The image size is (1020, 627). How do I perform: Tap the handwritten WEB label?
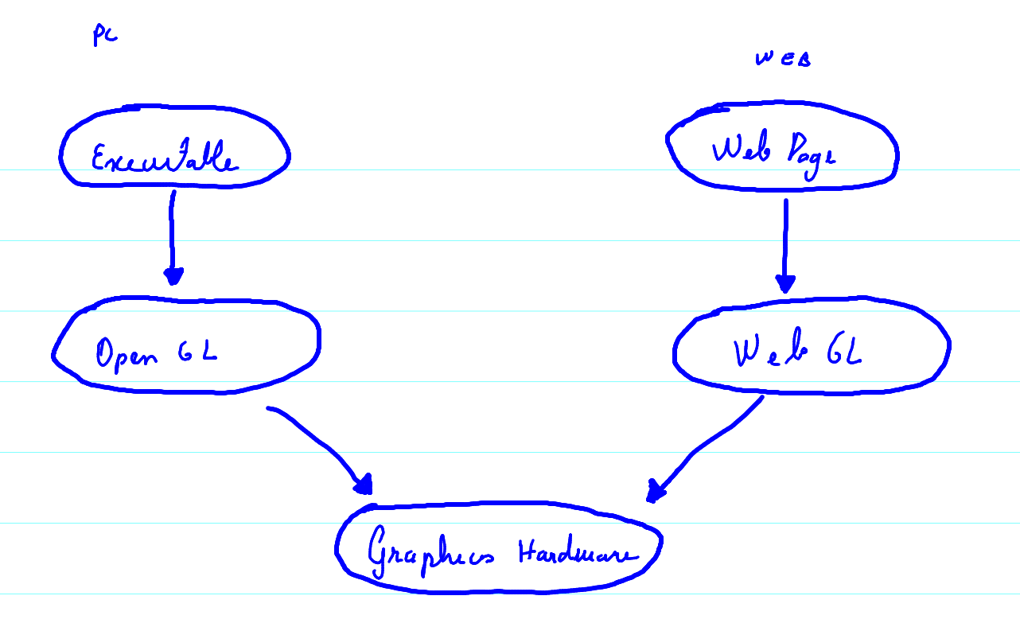click(782, 59)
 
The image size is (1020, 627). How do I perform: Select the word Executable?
click(165, 159)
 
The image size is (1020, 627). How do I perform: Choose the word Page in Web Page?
click(811, 153)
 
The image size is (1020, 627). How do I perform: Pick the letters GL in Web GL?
click(844, 351)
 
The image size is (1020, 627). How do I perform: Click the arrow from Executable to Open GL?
click(172, 235)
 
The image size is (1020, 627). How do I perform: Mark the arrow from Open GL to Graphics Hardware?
click(318, 446)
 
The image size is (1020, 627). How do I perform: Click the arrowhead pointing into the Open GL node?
click(173, 275)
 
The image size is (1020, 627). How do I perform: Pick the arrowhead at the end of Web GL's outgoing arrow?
click(655, 491)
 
